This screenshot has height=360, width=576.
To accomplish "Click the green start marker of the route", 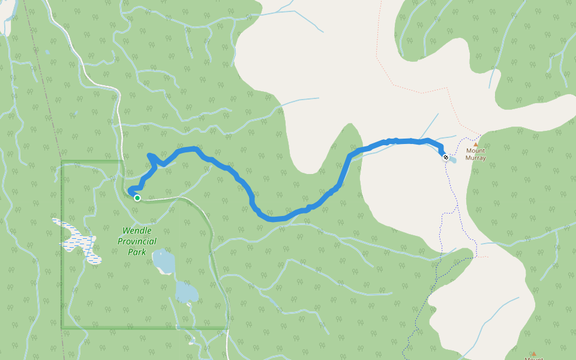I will tap(137, 197).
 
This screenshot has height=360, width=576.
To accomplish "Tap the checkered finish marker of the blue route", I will tap(446, 157).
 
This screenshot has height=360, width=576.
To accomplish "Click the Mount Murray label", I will tap(475, 155).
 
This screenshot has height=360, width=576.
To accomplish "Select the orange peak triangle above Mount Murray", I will tap(476, 145).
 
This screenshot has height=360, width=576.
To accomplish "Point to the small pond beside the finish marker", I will tap(453, 160).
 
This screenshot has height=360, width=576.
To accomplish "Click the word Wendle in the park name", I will tap(137, 230).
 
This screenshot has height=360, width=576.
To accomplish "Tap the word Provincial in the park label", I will tap(137, 241).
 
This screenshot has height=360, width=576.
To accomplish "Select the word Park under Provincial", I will tap(137, 252).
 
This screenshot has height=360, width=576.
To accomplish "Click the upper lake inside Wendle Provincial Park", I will tap(163, 262).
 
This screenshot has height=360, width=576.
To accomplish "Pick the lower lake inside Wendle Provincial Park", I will tap(187, 292).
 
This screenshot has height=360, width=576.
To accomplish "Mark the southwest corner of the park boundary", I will tap(62, 328).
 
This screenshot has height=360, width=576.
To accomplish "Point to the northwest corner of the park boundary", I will tap(62, 161).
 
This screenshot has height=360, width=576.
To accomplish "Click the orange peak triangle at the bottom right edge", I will tap(533, 354).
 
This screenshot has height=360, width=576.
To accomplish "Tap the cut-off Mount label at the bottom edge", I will tap(533, 359).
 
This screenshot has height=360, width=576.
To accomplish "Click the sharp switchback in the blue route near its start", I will tap(149, 156).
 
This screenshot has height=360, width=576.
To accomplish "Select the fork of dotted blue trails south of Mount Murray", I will tap(447, 213).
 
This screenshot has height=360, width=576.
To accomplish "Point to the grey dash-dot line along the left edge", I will tap(48, 120).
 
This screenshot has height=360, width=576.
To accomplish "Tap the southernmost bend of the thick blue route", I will tap(273, 218).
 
